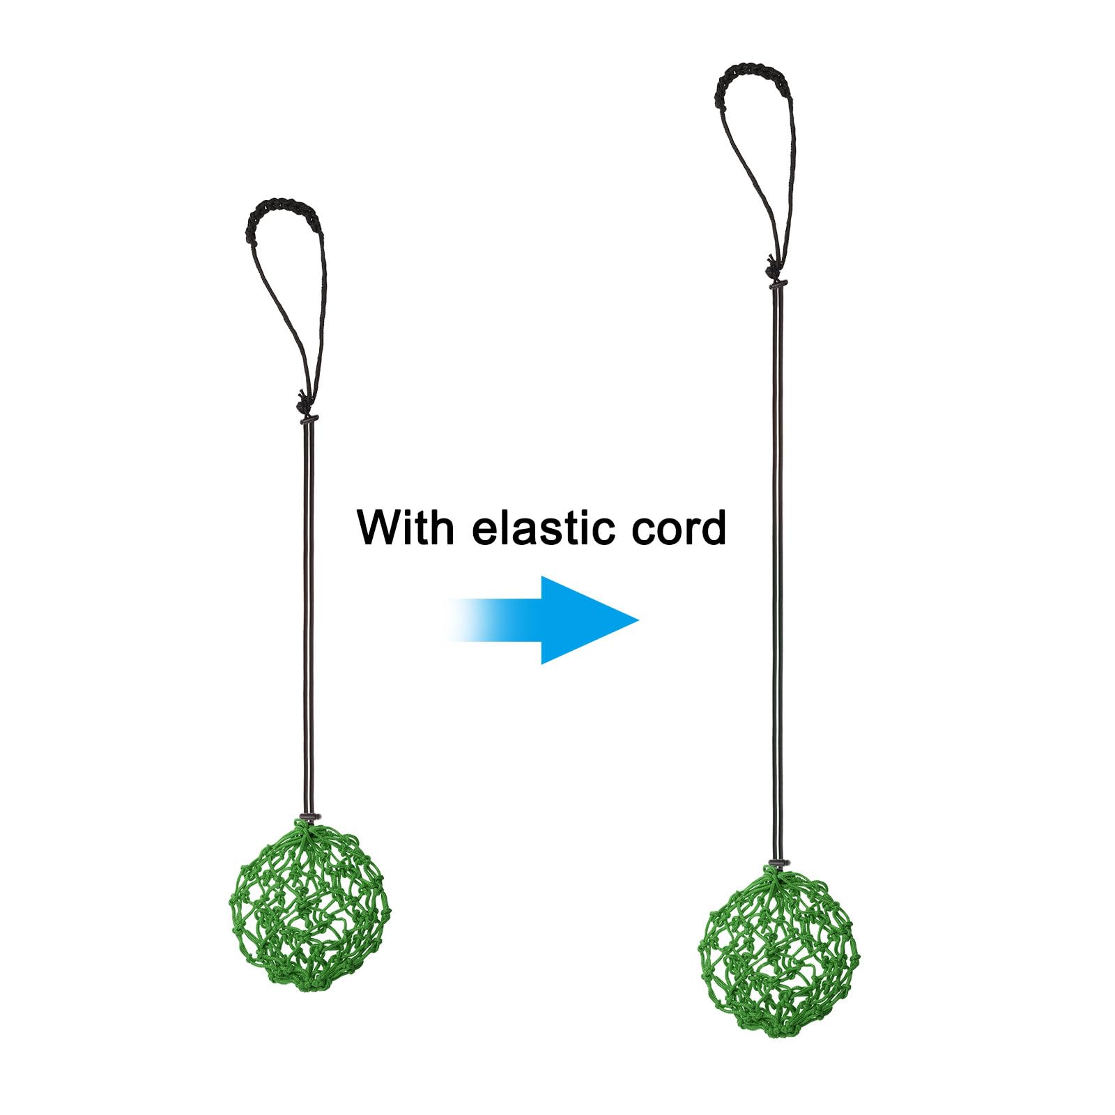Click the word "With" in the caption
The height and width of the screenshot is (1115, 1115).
tap(405, 528)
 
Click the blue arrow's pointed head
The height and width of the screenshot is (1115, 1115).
tap(638, 620)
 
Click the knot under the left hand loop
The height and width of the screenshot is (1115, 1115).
tap(302, 403)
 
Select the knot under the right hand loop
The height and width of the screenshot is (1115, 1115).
tap(772, 266)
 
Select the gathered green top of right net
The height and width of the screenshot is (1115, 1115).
tap(778, 877)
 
